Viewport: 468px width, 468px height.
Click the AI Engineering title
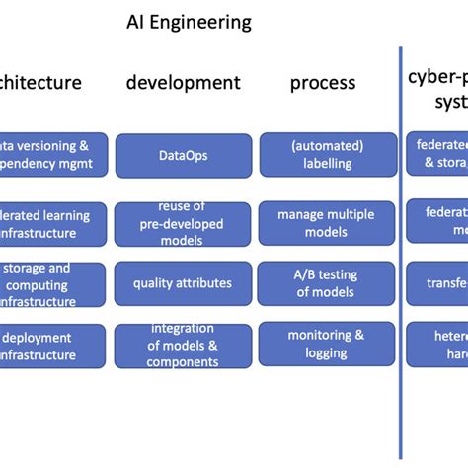click(x=189, y=22)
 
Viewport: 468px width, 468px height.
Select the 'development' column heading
click(x=183, y=83)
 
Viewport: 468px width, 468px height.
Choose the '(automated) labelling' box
click(x=327, y=154)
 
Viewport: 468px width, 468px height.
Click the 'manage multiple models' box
click(x=327, y=223)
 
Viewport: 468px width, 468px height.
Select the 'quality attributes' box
click(x=183, y=283)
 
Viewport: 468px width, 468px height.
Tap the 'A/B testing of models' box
click(x=327, y=283)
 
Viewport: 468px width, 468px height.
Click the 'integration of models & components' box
click(x=183, y=345)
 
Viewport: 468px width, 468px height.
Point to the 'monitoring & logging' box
click(x=327, y=345)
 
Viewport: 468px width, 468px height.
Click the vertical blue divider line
click(x=401, y=247)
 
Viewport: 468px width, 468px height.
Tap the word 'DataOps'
click(x=183, y=154)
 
